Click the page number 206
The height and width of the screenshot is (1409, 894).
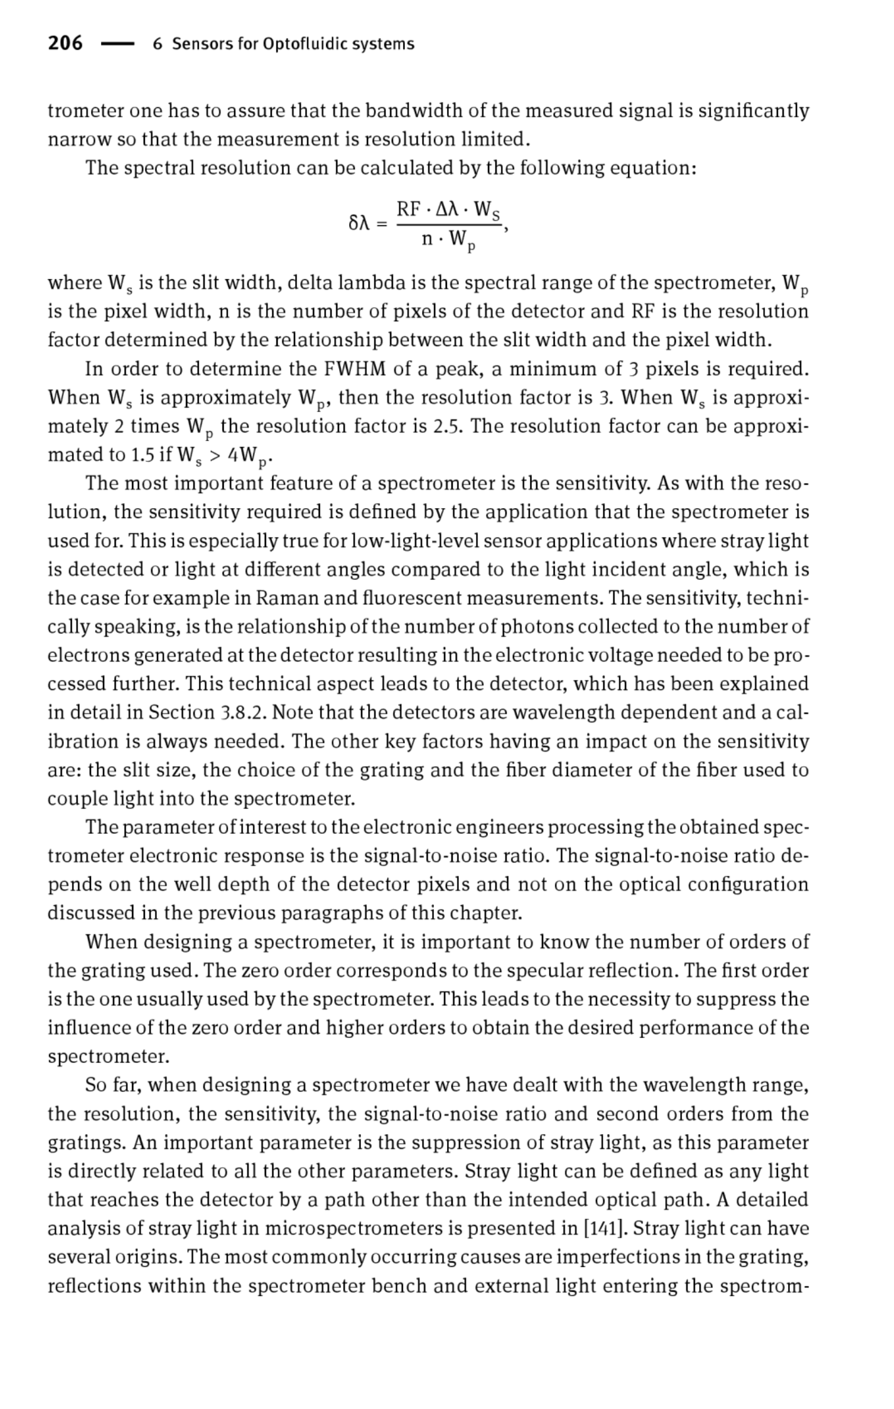click(65, 43)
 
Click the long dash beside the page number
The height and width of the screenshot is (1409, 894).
click(117, 44)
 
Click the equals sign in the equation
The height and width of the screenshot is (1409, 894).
click(383, 224)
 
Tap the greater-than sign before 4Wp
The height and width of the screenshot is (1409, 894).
click(214, 455)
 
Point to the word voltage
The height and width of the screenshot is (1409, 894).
click(640, 655)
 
